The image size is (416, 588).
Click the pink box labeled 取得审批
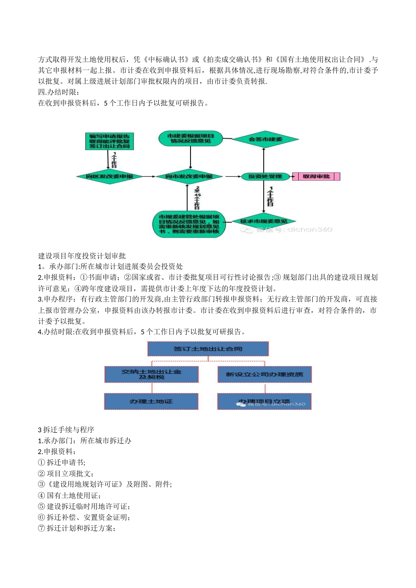pyautogui.click(x=316, y=176)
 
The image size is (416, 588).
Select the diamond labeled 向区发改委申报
pyautogui.click(x=109, y=176)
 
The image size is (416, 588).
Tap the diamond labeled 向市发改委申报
pyautogui.click(x=189, y=176)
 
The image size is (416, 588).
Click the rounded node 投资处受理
pyautogui.click(x=265, y=176)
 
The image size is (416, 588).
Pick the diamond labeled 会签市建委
pyautogui.click(x=265, y=140)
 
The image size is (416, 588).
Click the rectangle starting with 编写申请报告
pyautogui.click(x=109, y=141)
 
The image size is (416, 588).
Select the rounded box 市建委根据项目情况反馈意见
pyautogui.click(x=190, y=138)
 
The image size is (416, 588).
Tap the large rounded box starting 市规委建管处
pyautogui.click(x=189, y=224)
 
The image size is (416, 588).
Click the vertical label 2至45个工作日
pyautogui.click(x=197, y=197)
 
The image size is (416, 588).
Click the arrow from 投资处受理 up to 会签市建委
pyautogui.click(x=264, y=159)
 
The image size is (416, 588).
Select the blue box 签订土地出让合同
pyautogui.click(x=208, y=349)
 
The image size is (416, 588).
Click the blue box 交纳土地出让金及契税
pyautogui.click(x=152, y=374)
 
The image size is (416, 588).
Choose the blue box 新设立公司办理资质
pyautogui.click(x=264, y=374)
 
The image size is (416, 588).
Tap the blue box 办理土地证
pyautogui.click(x=151, y=401)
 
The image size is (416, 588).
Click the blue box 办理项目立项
pyautogui.click(x=264, y=401)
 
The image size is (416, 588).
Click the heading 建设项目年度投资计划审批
pyautogui.click(x=82, y=255)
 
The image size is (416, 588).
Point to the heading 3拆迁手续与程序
pyautogui.click(x=66, y=430)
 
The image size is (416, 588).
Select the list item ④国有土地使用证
pyautogui.click(x=70, y=495)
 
